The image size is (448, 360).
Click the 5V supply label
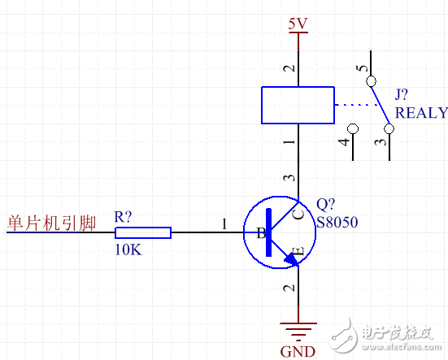pyautogui.click(x=298, y=24)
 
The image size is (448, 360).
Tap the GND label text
pyautogui.click(x=298, y=351)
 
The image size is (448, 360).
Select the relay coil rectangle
pyautogui.click(x=298, y=105)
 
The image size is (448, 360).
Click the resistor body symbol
pyautogui.click(x=143, y=232)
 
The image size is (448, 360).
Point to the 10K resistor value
pyautogui.click(x=128, y=250)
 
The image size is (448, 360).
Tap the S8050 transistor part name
pyautogui.click(x=337, y=222)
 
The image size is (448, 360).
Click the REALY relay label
pyautogui.click(x=421, y=112)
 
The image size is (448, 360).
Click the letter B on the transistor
pyautogui.click(x=261, y=234)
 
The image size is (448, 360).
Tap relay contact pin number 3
pyautogui.click(x=379, y=142)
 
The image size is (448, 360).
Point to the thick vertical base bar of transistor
pyautogui.click(x=269, y=232)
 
